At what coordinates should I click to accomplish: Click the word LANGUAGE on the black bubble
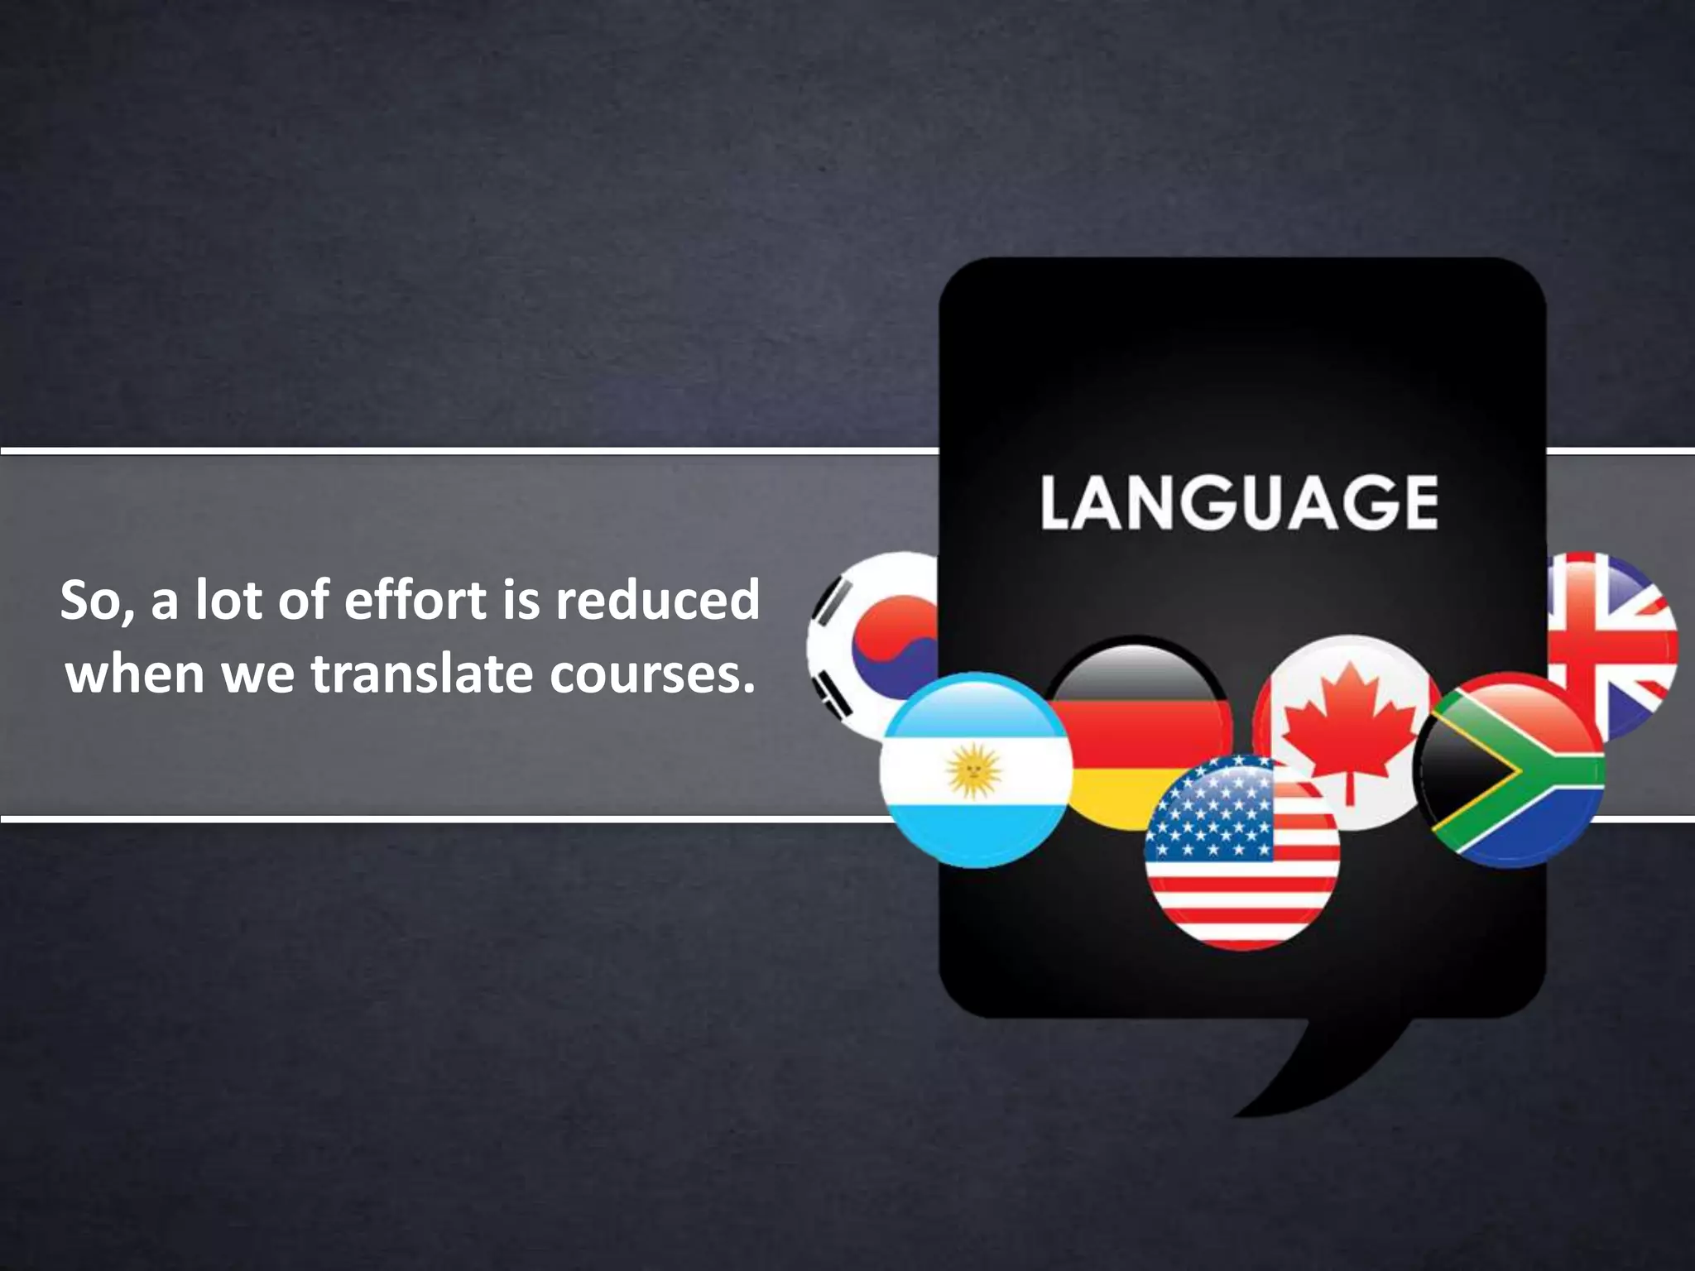tap(1239, 501)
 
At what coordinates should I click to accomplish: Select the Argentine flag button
tap(975, 770)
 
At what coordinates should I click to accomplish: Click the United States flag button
tap(1241, 852)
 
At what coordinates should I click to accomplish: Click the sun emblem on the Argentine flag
tap(974, 770)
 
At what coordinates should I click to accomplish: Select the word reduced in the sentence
tap(657, 599)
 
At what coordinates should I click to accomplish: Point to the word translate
tap(422, 674)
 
